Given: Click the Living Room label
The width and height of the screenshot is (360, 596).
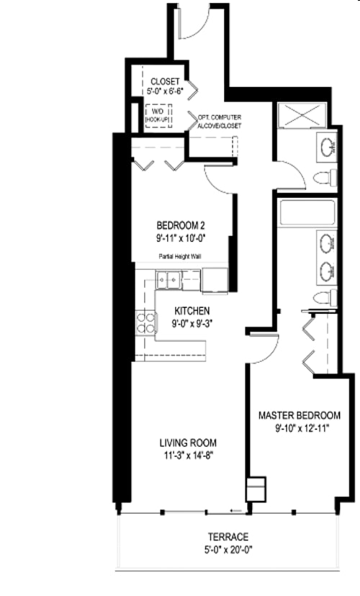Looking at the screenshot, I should (x=188, y=443).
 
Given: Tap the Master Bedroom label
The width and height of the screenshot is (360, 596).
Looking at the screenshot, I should (x=299, y=415).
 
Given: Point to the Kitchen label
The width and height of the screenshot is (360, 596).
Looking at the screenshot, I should (x=192, y=311).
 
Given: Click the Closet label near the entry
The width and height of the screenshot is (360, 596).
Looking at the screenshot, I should (x=165, y=81).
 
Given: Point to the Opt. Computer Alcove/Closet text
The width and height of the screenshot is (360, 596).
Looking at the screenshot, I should (x=214, y=121).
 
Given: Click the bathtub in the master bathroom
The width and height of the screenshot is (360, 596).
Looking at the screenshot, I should (x=307, y=213).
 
